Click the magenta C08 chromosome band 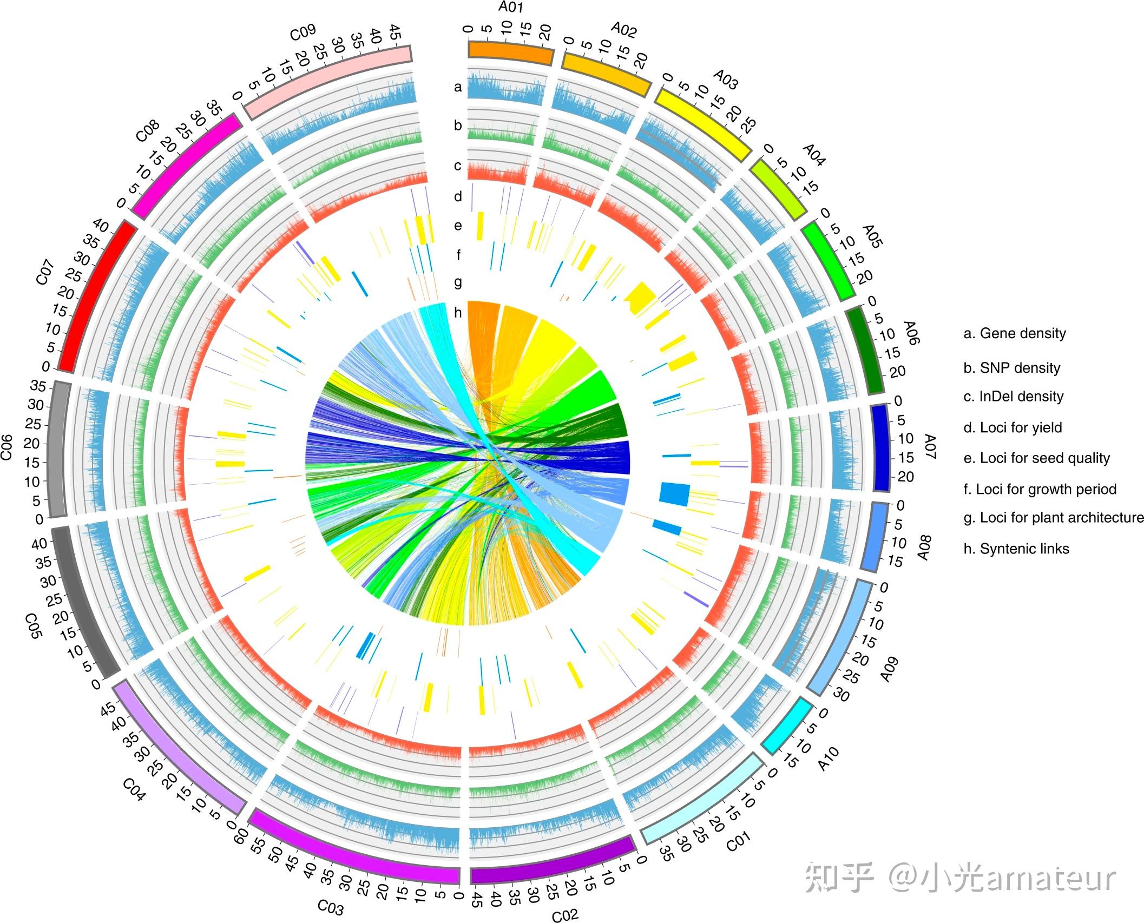[x=186, y=164]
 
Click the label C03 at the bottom [x=330, y=906]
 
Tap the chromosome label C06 [x=6, y=446]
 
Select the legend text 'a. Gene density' [x=1015, y=333]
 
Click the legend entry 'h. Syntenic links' [x=1016, y=549]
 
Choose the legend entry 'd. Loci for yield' [x=1012, y=427]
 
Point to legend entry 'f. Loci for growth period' [x=1040, y=489]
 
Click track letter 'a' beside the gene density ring [x=458, y=87]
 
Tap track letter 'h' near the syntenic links [x=458, y=313]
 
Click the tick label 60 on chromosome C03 [x=241, y=834]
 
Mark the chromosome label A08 [x=923, y=547]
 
